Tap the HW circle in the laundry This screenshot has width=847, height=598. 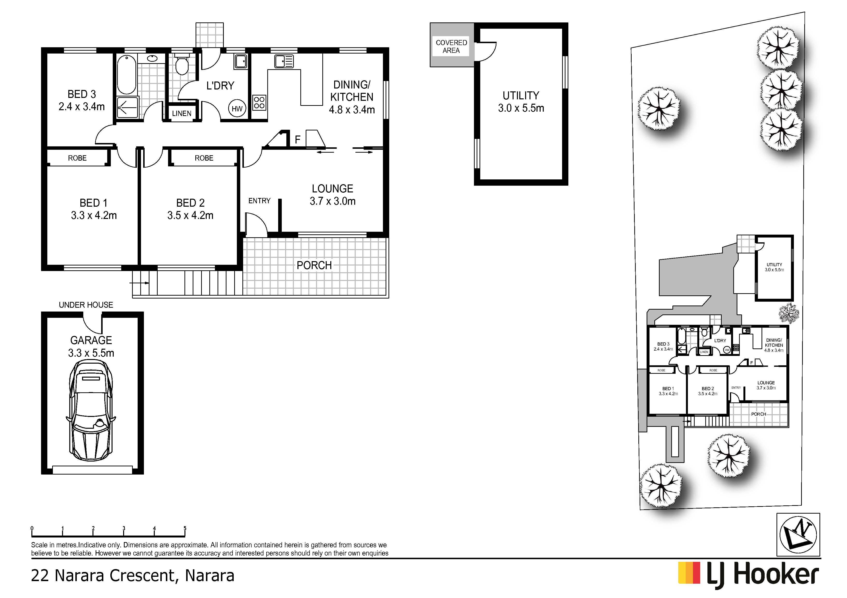(x=237, y=109)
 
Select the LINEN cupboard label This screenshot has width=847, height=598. (x=182, y=114)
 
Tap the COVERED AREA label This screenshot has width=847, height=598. (x=451, y=47)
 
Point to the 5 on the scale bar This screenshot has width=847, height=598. (x=185, y=528)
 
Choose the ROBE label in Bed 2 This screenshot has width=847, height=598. (x=204, y=158)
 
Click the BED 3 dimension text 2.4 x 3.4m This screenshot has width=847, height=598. (x=82, y=107)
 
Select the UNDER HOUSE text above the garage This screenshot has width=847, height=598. (x=86, y=305)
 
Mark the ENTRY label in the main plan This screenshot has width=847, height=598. (x=259, y=201)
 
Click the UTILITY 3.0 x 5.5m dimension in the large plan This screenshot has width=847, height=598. (x=521, y=108)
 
